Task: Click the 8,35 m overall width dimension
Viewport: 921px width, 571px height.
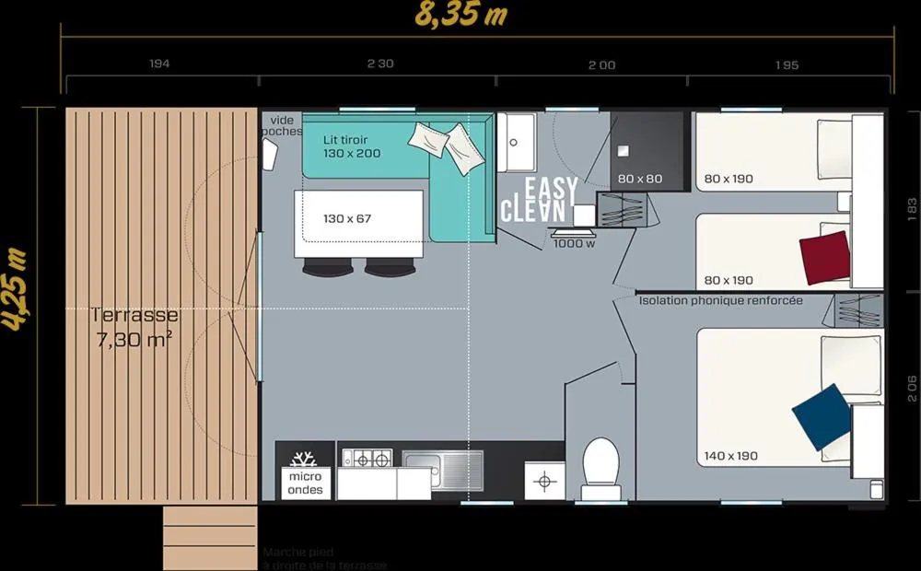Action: point(460,17)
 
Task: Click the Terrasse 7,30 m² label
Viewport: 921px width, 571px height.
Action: point(134,327)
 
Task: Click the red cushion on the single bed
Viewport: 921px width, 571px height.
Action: point(824,257)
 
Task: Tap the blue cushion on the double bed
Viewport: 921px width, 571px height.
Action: point(821,416)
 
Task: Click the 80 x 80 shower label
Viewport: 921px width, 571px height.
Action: point(640,179)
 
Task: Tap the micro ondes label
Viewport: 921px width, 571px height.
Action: point(305,483)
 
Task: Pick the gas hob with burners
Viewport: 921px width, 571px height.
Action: point(367,458)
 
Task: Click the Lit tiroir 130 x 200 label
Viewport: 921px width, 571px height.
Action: point(351,146)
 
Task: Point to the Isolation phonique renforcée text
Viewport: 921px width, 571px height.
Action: point(720,300)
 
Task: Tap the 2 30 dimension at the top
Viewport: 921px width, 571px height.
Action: point(379,64)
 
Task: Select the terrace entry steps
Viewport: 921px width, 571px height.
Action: point(208,538)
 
